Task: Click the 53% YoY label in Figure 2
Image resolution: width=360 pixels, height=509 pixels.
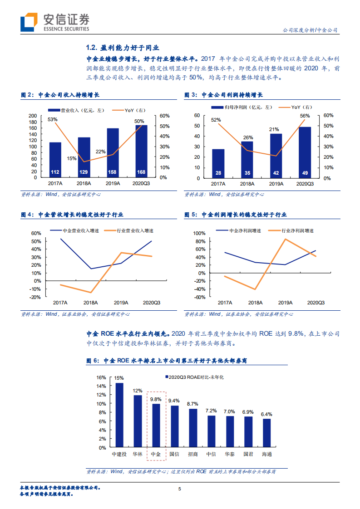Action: click(x=53, y=120)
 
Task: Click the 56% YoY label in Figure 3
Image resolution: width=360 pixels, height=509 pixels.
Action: click(x=305, y=116)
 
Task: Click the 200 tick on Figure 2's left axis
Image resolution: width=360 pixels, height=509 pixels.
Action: click(x=32, y=116)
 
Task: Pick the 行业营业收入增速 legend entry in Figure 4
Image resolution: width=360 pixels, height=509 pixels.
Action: click(x=131, y=230)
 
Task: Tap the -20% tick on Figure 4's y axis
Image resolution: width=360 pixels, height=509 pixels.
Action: click(x=36, y=297)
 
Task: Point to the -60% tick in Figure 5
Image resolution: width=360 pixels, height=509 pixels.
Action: click(x=200, y=297)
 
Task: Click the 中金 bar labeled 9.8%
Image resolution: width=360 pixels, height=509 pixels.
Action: click(x=156, y=424)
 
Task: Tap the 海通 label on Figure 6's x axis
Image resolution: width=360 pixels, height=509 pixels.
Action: click(x=266, y=453)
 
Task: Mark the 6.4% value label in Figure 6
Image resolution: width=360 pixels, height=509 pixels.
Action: click(x=266, y=414)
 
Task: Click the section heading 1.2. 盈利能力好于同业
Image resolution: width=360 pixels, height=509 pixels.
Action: click(x=123, y=48)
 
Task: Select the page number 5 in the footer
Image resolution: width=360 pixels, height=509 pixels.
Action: click(x=180, y=489)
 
